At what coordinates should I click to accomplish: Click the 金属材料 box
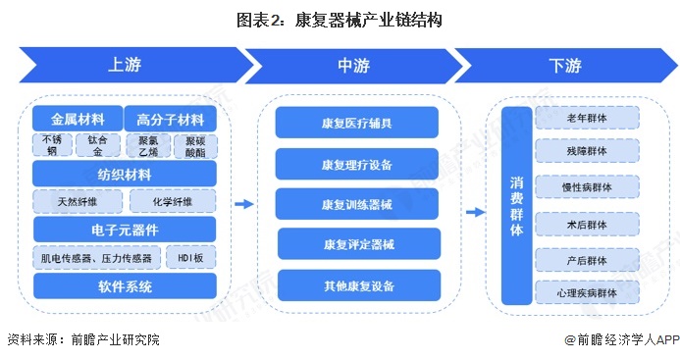pyautogui.click(x=78, y=119)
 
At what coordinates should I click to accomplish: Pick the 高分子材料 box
pyautogui.click(x=171, y=119)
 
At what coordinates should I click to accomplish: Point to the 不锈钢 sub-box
pyautogui.click(x=52, y=146)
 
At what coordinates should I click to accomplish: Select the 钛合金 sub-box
pyautogui.click(x=96, y=146)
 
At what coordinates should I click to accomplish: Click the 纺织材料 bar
pyautogui.click(x=124, y=175)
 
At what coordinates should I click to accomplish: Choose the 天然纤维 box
pyautogui.click(x=78, y=202)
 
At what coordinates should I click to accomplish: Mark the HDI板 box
pyautogui.click(x=191, y=258)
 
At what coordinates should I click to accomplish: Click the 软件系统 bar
pyautogui.click(x=124, y=286)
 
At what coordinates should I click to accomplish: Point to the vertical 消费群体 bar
pyautogui.click(x=517, y=206)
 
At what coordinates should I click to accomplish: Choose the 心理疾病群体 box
pyautogui.click(x=587, y=292)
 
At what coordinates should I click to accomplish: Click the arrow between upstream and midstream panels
pyautogui.click(x=243, y=204)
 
